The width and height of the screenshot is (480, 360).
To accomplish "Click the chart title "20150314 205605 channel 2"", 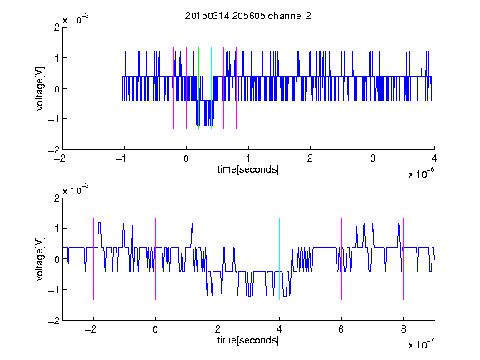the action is point(248,16).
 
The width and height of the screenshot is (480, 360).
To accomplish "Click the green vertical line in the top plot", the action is point(198,88).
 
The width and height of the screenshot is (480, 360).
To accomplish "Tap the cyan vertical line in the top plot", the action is point(211,88).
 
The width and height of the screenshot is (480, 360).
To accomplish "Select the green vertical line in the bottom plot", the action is point(217,259).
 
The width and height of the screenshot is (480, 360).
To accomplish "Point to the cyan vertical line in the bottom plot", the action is point(279,259).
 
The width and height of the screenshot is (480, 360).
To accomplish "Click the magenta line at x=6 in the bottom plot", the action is point(342,259).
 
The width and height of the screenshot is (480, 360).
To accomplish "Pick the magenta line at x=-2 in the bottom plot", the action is point(93,259).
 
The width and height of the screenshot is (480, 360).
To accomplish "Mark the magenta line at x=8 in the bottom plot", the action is point(404,259).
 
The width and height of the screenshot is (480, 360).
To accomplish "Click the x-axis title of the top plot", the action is point(248,169).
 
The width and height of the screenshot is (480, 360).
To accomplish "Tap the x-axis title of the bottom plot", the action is point(248,340).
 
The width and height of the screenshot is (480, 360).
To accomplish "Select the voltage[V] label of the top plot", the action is point(40,88).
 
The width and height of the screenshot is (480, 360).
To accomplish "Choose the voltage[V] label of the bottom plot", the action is point(40,259).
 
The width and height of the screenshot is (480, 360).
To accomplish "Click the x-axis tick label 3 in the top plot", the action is point(372,158).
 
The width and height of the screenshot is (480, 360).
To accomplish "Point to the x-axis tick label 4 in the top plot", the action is point(434,158).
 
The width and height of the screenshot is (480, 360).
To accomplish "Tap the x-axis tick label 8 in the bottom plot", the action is point(403,329).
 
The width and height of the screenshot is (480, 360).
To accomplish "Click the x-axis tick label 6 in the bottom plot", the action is point(342,329).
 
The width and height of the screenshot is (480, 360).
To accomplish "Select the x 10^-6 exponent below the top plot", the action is point(421,172).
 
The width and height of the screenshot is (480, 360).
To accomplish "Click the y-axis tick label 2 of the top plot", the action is point(57,27).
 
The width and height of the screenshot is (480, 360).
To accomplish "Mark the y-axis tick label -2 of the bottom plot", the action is point(54,321).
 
